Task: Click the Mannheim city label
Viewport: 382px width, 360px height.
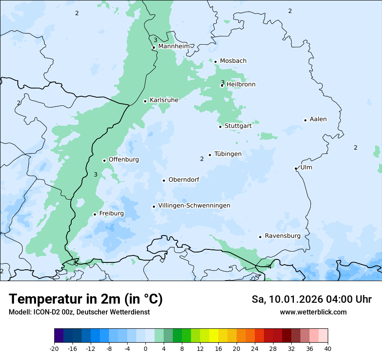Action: tap(174, 46)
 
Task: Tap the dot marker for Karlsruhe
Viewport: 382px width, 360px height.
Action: tap(145, 101)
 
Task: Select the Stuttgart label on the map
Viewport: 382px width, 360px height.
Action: tap(238, 126)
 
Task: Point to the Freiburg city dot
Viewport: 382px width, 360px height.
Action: tap(95, 214)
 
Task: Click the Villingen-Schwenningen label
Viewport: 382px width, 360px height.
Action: tap(194, 206)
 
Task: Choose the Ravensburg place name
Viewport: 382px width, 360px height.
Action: tap(283, 236)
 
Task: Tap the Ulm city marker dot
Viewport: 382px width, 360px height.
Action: tap(296, 168)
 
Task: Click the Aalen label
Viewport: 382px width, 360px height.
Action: tap(318, 119)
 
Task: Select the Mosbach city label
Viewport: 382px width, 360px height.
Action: tap(233, 61)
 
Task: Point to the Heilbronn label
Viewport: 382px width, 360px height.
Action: tap(241, 85)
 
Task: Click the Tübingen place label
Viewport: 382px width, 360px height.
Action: tap(228, 154)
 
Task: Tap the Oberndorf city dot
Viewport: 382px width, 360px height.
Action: tap(164, 180)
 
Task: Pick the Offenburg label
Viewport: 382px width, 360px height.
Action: tap(124, 160)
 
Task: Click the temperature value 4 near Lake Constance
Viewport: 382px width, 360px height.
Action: tap(270, 267)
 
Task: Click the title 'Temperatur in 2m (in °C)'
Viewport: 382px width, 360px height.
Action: tap(86, 299)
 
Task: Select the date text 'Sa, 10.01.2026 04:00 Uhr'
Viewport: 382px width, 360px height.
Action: tap(311, 299)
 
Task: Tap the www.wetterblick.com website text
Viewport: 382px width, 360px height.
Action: tap(313, 312)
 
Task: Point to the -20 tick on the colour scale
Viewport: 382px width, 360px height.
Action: tap(54, 348)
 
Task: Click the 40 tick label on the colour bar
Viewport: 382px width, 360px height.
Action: tap(328, 348)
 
